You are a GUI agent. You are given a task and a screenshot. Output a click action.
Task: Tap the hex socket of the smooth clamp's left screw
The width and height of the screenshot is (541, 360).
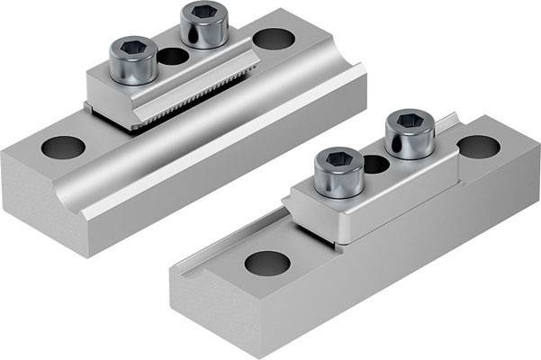coord(334,160)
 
